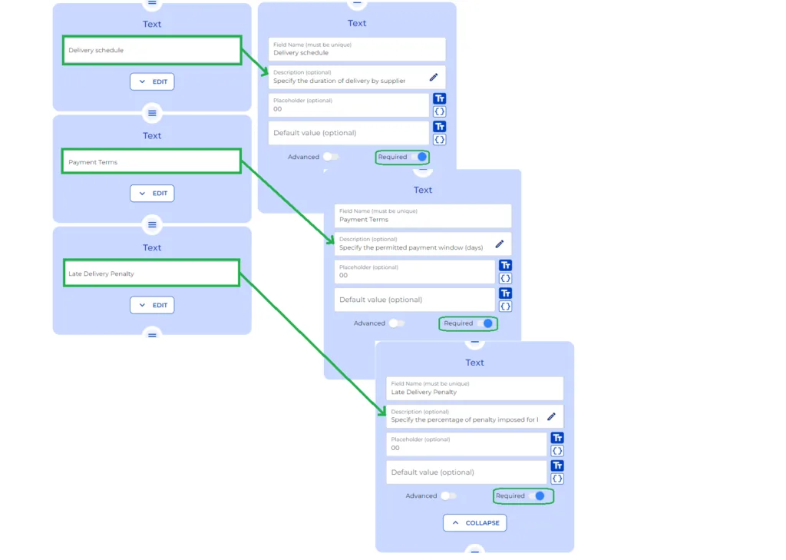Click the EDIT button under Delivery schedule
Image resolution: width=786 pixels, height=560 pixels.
(x=152, y=81)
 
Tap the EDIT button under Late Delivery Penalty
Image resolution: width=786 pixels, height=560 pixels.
(x=152, y=305)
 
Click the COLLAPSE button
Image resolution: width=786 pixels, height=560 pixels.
(x=474, y=523)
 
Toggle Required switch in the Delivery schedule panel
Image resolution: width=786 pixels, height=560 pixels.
(x=418, y=157)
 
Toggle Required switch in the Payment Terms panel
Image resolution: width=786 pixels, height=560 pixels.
(x=484, y=323)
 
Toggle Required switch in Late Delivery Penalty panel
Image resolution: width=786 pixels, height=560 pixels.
(x=537, y=496)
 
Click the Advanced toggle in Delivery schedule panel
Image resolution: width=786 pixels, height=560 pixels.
(x=330, y=157)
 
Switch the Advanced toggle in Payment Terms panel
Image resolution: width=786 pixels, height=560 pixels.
(x=396, y=323)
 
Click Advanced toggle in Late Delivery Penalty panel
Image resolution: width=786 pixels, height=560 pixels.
(x=448, y=496)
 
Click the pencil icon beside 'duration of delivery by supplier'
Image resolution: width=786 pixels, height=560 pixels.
(x=434, y=77)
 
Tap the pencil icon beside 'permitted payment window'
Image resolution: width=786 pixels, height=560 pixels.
(x=500, y=244)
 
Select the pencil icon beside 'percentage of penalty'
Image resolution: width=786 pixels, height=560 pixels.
(x=551, y=416)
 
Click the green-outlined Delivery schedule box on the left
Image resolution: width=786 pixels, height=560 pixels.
(x=152, y=51)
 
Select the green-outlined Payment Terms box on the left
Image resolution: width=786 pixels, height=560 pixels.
(x=152, y=162)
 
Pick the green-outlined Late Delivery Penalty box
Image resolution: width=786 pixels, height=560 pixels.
(x=152, y=273)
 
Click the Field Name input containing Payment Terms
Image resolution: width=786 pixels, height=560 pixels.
(x=423, y=216)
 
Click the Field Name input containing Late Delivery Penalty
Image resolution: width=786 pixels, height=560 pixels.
(x=474, y=388)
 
